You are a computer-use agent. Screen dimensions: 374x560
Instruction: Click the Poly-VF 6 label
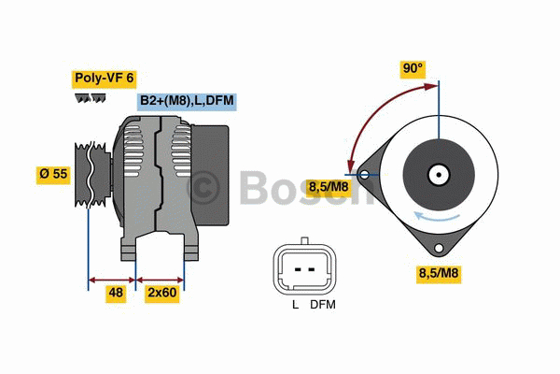click(x=105, y=79)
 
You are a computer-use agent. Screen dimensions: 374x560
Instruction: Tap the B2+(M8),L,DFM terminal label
click(x=186, y=99)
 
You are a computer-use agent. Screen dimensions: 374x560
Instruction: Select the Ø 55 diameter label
click(x=52, y=175)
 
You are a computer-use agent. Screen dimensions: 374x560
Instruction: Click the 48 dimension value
click(x=116, y=293)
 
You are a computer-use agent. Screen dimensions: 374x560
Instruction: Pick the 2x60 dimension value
click(x=162, y=293)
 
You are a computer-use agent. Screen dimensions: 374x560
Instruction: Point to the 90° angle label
click(x=413, y=69)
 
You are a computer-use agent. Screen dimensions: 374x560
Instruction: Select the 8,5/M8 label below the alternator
click(x=438, y=273)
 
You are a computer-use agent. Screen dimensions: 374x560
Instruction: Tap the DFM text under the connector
click(x=322, y=305)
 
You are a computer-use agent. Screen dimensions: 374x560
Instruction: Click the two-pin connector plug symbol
click(x=305, y=269)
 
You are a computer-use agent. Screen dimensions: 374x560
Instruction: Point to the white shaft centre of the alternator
click(x=440, y=174)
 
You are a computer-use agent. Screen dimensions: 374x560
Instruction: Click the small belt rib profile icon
click(x=85, y=98)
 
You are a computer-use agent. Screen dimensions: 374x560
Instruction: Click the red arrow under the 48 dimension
click(x=111, y=278)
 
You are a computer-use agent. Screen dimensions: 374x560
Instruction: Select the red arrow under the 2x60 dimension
click(x=161, y=278)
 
